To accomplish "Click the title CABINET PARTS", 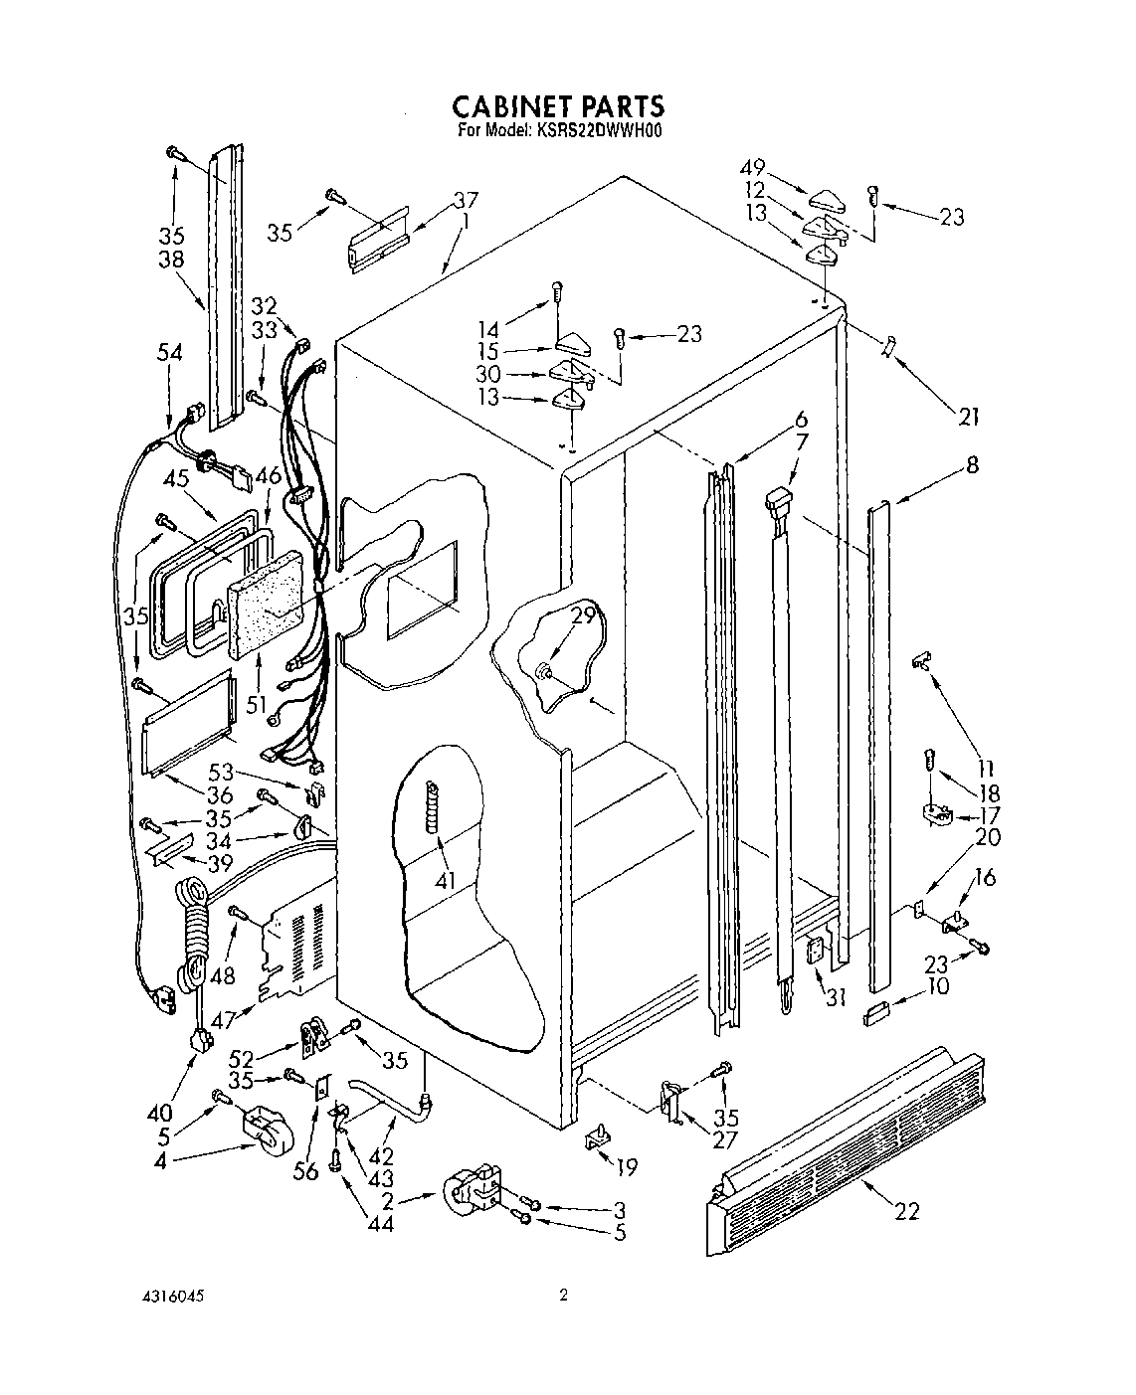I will [558, 105].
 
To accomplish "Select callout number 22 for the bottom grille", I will [906, 1210].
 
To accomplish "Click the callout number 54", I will [170, 352].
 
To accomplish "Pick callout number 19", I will [628, 1166].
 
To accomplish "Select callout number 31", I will [835, 995].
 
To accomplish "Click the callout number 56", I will [305, 1171].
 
